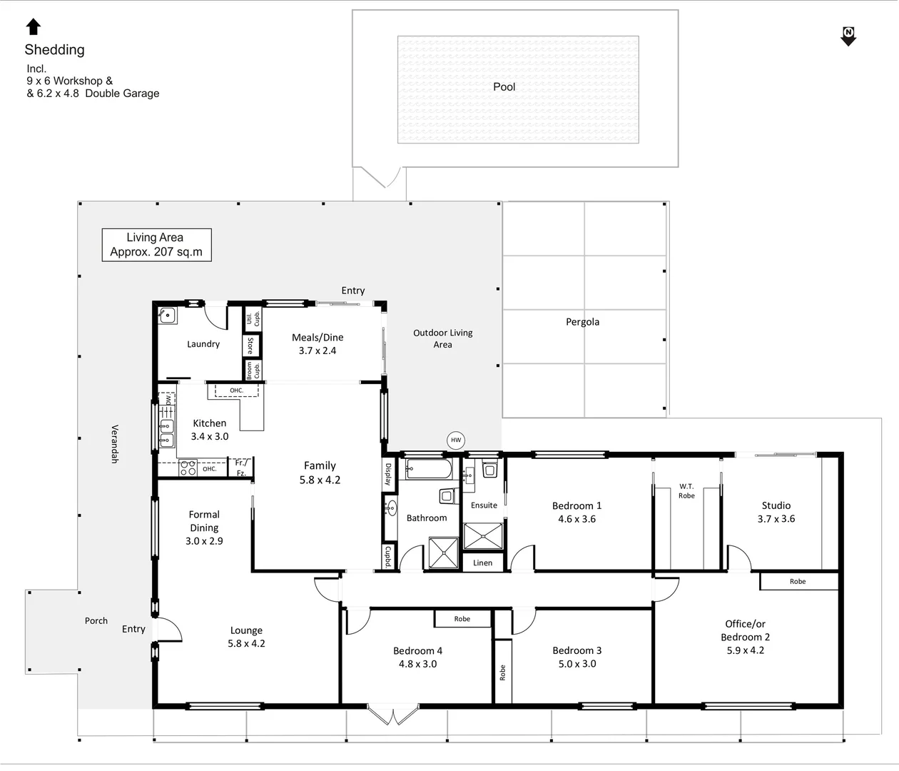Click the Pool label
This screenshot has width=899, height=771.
(504, 87)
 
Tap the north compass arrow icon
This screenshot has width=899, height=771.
(848, 36)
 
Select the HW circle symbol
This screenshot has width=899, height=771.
(456, 440)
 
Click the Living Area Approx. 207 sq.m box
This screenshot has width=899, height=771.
(156, 245)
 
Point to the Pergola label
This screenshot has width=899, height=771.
(582, 322)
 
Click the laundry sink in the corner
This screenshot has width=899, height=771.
(167, 316)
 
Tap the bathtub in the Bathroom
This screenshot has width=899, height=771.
(428, 469)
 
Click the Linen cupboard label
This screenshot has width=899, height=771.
(482, 563)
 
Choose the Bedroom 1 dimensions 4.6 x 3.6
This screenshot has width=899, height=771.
(577, 519)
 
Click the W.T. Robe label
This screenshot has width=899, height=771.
(686, 491)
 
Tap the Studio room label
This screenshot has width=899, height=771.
(776, 505)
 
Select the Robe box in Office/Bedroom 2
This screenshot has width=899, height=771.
(798, 581)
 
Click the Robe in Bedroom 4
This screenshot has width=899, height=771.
(462, 619)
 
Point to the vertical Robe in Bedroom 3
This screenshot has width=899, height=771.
(502, 672)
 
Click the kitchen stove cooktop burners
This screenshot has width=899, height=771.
(188, 468)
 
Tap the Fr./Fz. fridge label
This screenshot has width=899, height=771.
(241, 468)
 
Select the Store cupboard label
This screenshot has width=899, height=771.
(250, 346)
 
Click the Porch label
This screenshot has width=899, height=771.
(96, 621)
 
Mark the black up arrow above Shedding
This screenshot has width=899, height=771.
(34, 27)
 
